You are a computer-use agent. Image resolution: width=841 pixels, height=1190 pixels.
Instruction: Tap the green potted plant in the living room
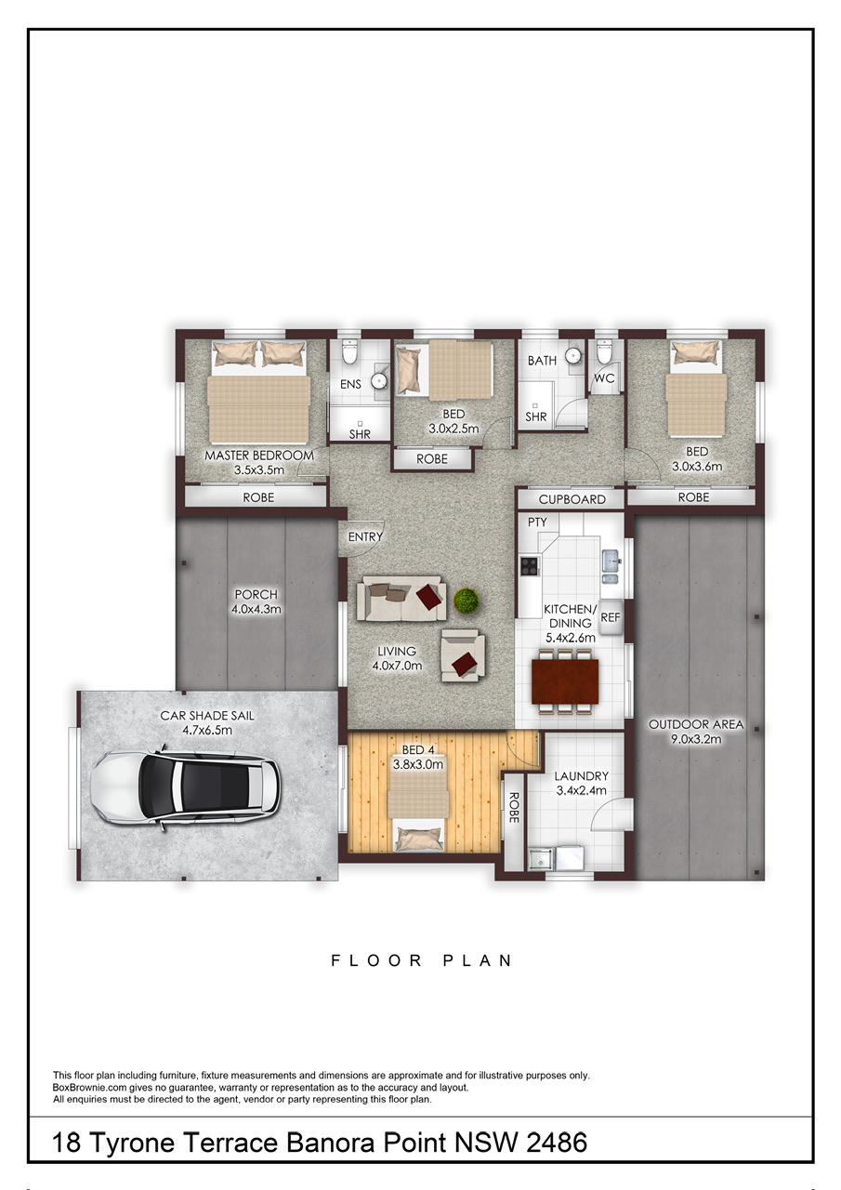click(x=466, y=602)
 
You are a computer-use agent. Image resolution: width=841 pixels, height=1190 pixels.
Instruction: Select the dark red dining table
click(x=565, y=681)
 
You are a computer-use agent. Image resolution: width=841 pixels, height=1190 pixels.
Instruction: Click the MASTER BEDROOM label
click(x=259, y=456)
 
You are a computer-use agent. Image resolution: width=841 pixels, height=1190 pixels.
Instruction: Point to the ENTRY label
click(x=365, y=537)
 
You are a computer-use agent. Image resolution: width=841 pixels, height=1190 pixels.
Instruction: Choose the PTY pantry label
click(x=537, y=522)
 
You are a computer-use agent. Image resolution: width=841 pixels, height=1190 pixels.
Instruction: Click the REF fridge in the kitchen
click(x=611, y=617)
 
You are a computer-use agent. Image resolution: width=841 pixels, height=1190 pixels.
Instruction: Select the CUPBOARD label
click(x=572, y=499)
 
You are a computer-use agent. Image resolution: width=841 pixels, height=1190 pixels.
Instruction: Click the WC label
click(x=604, y=378)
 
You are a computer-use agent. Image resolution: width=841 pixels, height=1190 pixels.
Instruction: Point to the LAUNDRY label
click(x=582, y=776)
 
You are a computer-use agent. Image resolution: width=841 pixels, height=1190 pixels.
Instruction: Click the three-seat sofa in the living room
click(x=401, y=599)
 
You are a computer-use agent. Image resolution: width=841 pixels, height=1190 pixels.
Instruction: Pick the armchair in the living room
click(x=463, y=655)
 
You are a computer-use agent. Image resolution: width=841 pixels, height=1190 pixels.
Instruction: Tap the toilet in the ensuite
click(x=349, y=351)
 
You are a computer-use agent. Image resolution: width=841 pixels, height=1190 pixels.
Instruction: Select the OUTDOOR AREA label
click(x=696, y=724)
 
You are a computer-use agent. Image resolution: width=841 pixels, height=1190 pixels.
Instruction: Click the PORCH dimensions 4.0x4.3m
click(x=256, y=609)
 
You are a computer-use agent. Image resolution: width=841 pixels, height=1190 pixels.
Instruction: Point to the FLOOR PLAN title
click(x=422, y=960)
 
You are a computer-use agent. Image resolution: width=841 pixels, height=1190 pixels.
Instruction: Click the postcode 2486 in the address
click(x=557, y=1143)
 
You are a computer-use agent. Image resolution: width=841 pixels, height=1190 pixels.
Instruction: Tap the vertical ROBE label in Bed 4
click(x=513, y=808)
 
